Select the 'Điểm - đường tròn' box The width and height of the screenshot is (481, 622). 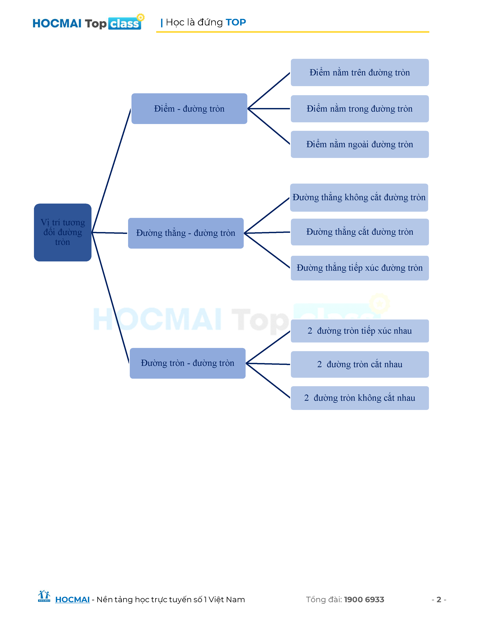click(x=189, y=109)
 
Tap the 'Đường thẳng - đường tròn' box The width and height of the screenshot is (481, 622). click(x=186, y=233)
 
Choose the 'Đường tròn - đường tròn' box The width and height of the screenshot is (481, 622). click(x=187, y=363)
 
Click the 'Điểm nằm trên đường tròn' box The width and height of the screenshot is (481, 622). click(x=360, y=72)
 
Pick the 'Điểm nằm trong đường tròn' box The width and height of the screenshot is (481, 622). click(x=360, y=109)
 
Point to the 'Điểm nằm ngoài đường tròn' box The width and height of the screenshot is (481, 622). click(x=360, y=144)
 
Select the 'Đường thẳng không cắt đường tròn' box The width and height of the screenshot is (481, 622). click(x=359, y=197)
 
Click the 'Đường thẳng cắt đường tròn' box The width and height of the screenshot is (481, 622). click(x=360, y=232)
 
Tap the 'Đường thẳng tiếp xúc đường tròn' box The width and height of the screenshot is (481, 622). click(x=360, y=268)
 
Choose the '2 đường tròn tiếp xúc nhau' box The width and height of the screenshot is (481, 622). click(x=360, y=331)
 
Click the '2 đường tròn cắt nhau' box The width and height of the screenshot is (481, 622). click(x=360, y=364)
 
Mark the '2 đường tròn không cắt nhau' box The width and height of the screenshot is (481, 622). click(x=360, y=398)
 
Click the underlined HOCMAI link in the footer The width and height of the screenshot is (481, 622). click(x=72, y=600)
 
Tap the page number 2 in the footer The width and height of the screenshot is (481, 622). click(x=439, y=600)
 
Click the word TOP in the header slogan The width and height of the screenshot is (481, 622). click(x=236, y=22)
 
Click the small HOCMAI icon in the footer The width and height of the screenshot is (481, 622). click(x=44, y=596)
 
